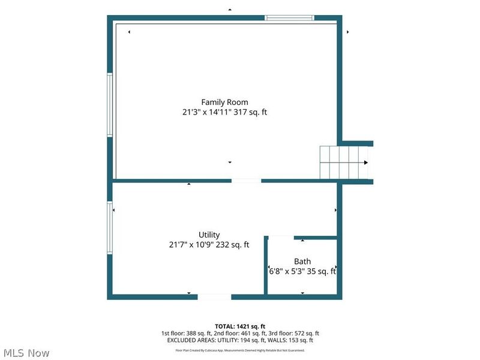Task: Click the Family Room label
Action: [224, 102]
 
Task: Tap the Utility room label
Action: [209, 235]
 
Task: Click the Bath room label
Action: [302, 262]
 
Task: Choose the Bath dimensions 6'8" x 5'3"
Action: [289, 271]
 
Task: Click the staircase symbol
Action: [343, 162]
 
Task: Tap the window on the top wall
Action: [290, 18]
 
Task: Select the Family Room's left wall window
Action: [110, 104]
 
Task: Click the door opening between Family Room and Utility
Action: [246, 181]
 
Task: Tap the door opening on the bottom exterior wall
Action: [214, 296]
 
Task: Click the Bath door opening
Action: [281, 238]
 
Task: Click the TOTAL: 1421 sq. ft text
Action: [239, 326]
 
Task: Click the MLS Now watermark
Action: [25, 353]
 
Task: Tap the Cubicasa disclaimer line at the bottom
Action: [239, 350]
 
